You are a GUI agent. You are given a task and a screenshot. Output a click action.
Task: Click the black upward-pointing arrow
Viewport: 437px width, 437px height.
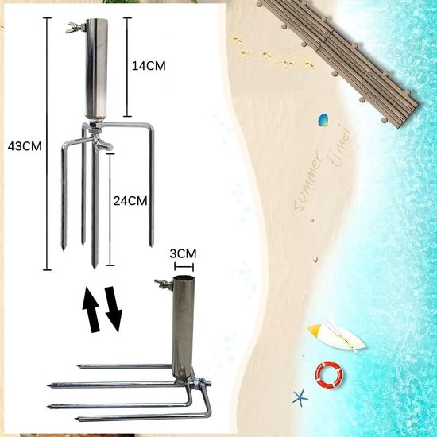click(x=91, y=309)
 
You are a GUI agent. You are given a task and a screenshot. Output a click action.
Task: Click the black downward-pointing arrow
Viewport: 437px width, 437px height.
click(x=114, y=311)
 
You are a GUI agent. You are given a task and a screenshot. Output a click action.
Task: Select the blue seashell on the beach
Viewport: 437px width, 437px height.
click(x=324, y=121)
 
